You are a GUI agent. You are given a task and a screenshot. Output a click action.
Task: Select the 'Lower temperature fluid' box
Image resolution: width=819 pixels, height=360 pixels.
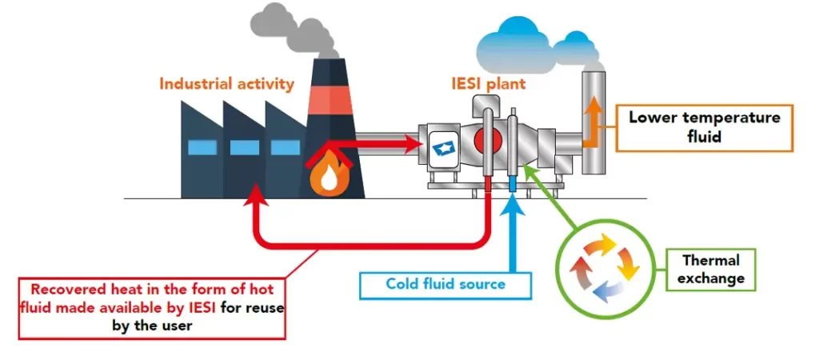tap(703, 127)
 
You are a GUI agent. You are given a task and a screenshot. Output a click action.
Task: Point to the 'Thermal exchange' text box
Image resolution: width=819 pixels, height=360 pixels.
tap(710, 270)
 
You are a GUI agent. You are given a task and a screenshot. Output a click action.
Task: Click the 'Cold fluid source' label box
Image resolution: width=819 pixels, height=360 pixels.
tap(445, 283)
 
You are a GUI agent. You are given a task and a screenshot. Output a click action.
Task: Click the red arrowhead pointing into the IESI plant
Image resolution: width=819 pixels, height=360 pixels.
tap(413, 144)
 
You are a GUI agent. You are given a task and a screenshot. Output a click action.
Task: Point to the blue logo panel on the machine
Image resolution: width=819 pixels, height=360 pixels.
tap(442, 147)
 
